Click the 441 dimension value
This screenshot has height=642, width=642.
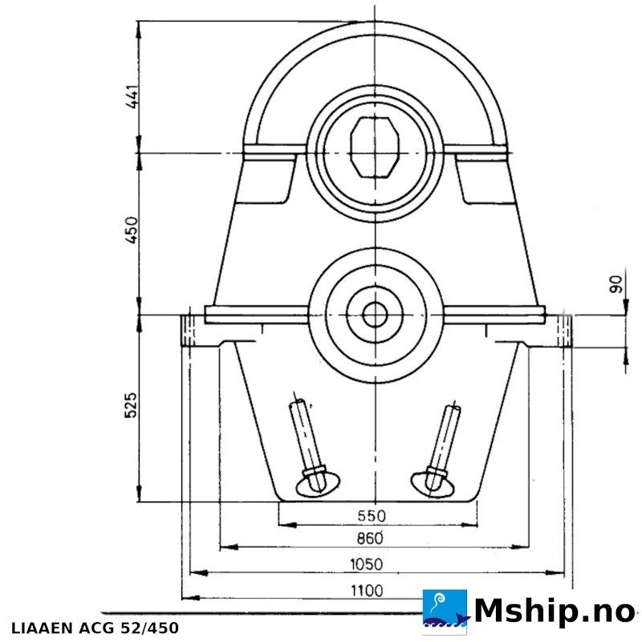132,97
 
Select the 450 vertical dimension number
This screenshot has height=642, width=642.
132,230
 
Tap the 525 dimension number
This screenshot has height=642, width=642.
131,405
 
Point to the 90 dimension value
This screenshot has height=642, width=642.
616,284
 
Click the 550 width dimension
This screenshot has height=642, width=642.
372,515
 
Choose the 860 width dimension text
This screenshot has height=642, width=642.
370,538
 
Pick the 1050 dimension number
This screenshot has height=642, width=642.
367,565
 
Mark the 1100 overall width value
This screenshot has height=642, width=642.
367,591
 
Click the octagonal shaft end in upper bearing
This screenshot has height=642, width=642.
375,148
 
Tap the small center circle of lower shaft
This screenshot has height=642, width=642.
375,315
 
